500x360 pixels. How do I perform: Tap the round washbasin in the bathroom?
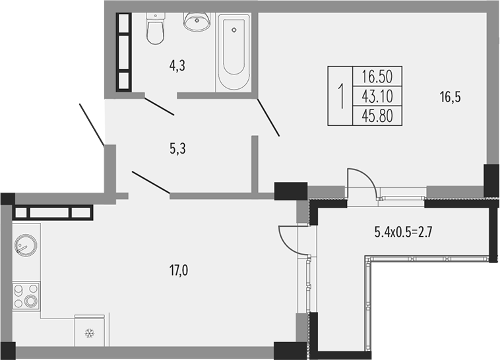[197, 21]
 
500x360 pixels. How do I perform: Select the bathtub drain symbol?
[234, 30]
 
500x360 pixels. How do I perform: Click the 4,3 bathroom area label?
[177, 66]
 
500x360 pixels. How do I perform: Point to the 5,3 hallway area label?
[177, 148]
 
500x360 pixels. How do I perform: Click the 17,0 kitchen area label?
[179, 271]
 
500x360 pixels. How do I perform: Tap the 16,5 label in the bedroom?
[451, 98]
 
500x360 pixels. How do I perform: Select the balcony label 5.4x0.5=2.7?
[403, 233]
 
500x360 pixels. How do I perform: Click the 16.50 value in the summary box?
[377, 76]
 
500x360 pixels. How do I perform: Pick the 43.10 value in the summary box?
[377, 96]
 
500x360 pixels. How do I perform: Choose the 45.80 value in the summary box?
[377, 116]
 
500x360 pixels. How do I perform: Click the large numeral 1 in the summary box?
[341, 96]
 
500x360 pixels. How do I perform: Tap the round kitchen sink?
[26, 245]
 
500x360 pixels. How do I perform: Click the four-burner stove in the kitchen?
[26, 295]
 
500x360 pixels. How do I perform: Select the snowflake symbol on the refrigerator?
[90, 334]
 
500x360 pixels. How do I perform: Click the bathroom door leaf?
[159, 106]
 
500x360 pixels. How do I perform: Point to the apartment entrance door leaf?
[92, 125]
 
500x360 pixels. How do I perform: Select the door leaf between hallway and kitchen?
[151, 183]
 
